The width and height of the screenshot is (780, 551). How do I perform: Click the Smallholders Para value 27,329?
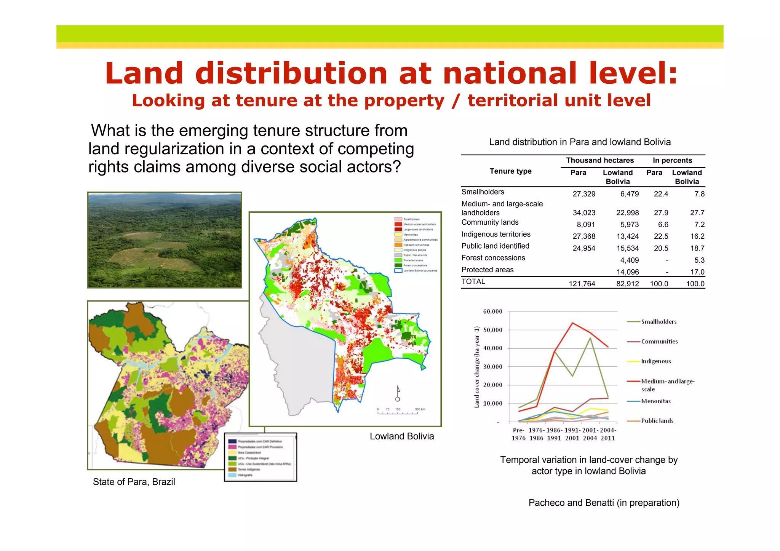pos(583,194)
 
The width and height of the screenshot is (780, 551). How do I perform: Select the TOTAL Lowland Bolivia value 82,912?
pos(627,284)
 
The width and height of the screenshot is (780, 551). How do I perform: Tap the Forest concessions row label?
pos(493,258)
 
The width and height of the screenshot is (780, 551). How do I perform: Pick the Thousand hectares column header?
pos(599,160)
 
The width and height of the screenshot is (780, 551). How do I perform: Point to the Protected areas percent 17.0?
pos(697,272)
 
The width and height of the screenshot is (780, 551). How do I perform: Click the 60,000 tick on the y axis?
pos(492,311)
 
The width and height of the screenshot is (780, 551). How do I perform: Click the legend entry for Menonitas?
pos(655,401)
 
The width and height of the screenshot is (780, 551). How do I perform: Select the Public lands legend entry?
pos(657,421)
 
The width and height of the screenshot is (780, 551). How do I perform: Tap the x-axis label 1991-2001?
pos(572,434)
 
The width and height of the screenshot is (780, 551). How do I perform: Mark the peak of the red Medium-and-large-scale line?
pos(572,323)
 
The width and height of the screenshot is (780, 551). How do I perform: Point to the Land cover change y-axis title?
pos(476,367)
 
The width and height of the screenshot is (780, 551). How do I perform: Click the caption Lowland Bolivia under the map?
pos(401,436)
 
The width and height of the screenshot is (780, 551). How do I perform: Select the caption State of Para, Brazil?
pos(134,482)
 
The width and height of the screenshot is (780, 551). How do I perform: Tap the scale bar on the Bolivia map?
pos(398,412)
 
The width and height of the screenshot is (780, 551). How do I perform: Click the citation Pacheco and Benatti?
pos(604,503)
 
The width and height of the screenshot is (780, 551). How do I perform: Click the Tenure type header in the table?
pos(510,171)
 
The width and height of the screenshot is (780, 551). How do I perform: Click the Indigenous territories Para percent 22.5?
pos(661,236)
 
